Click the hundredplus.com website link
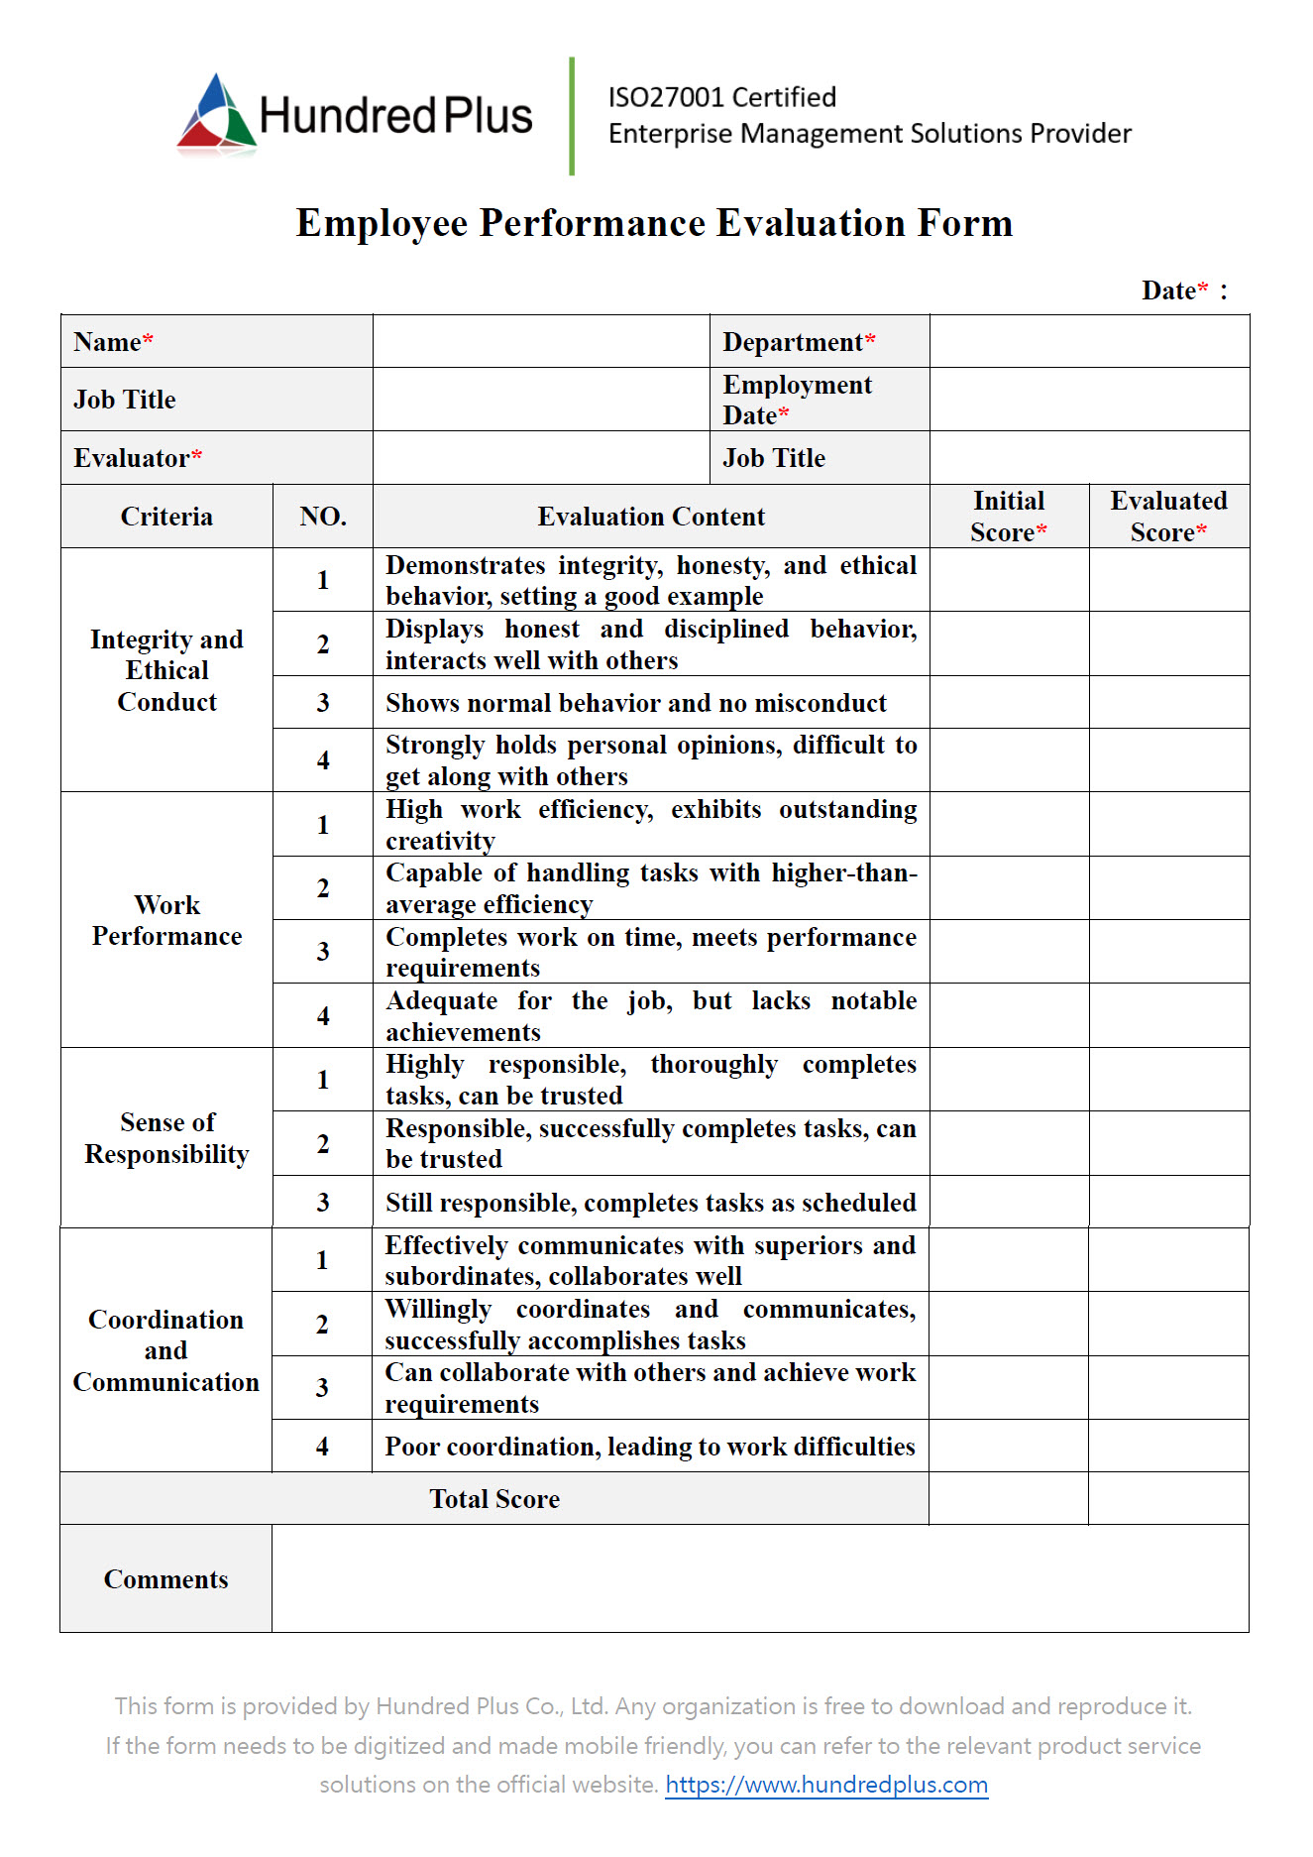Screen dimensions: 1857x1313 (825, 1785)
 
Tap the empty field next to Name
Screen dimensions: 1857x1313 (541, 342)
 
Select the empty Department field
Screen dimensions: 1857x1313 (1089, 342)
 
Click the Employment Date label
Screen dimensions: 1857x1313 (797, 400)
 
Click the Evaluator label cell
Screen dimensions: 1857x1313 (216, 458)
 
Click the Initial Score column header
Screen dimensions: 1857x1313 (1008, 517)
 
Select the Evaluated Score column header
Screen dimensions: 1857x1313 (1168, 517)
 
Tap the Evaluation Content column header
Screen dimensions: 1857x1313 (651, 517)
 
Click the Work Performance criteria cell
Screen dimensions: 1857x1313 (166, 920)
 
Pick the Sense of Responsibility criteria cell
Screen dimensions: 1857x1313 (166, 1138)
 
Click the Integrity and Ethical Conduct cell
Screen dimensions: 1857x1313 (166, 670)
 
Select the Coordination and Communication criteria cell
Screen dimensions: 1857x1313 (165, 1350)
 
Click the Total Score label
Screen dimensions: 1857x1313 (494, 1499)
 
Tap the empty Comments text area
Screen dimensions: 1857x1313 (760, 1578)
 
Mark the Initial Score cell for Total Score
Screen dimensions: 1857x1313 (1008, 1499)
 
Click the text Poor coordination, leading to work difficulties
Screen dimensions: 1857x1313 (649, 1447)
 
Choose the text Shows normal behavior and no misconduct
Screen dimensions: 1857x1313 (635, 703)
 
